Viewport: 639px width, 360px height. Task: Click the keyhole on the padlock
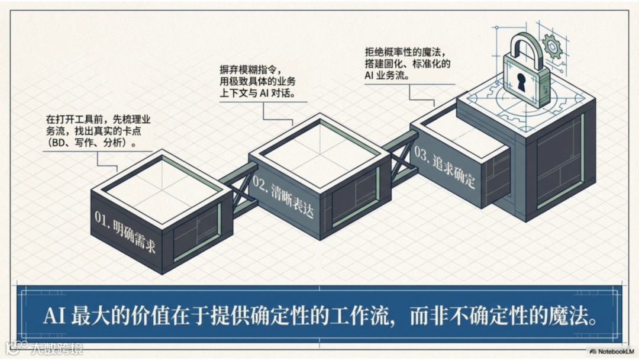click(x=521, y=82)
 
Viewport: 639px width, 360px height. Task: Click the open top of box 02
click(x=319, y=144)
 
